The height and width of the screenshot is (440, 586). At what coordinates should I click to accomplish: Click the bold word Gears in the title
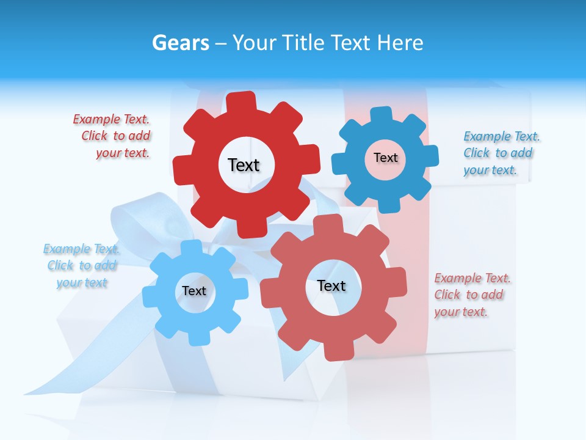point(180,43)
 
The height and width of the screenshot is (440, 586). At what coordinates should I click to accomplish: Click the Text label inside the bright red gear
point(244,165)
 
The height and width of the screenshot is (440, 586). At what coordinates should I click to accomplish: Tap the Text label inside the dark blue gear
point(385,158)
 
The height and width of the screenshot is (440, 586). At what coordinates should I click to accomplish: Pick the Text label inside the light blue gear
point(194,291)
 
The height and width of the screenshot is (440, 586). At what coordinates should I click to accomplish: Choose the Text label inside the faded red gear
point(331,285)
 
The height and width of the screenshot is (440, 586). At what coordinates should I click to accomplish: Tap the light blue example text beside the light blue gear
point(81,266)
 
